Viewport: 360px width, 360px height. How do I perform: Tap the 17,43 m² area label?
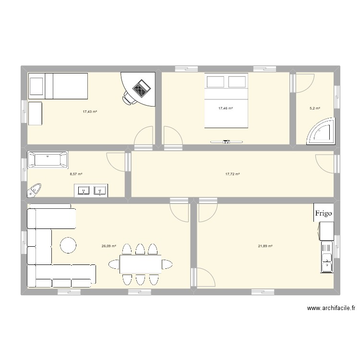coord(90,111)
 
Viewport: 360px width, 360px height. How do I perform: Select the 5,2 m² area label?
coord(314,109)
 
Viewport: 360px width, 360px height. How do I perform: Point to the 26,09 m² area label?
coord(108,246)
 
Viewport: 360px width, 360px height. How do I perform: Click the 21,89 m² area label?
coord(265,246)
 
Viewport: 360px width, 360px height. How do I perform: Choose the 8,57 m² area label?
coord(76,174)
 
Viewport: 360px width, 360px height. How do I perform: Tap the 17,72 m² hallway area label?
coord(232,174)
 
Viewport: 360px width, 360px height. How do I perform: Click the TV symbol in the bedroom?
coord(227,142)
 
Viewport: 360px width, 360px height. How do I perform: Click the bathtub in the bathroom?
coord(48,160)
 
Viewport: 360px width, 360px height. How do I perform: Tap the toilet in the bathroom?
coord(35,190)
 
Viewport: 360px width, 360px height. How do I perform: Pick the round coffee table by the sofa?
coord(68,245)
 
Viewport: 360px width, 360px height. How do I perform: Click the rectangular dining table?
coord(141,264)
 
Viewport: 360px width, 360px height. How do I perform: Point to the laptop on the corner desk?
coord(141,87)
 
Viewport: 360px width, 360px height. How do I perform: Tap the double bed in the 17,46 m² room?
coord(227,100)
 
